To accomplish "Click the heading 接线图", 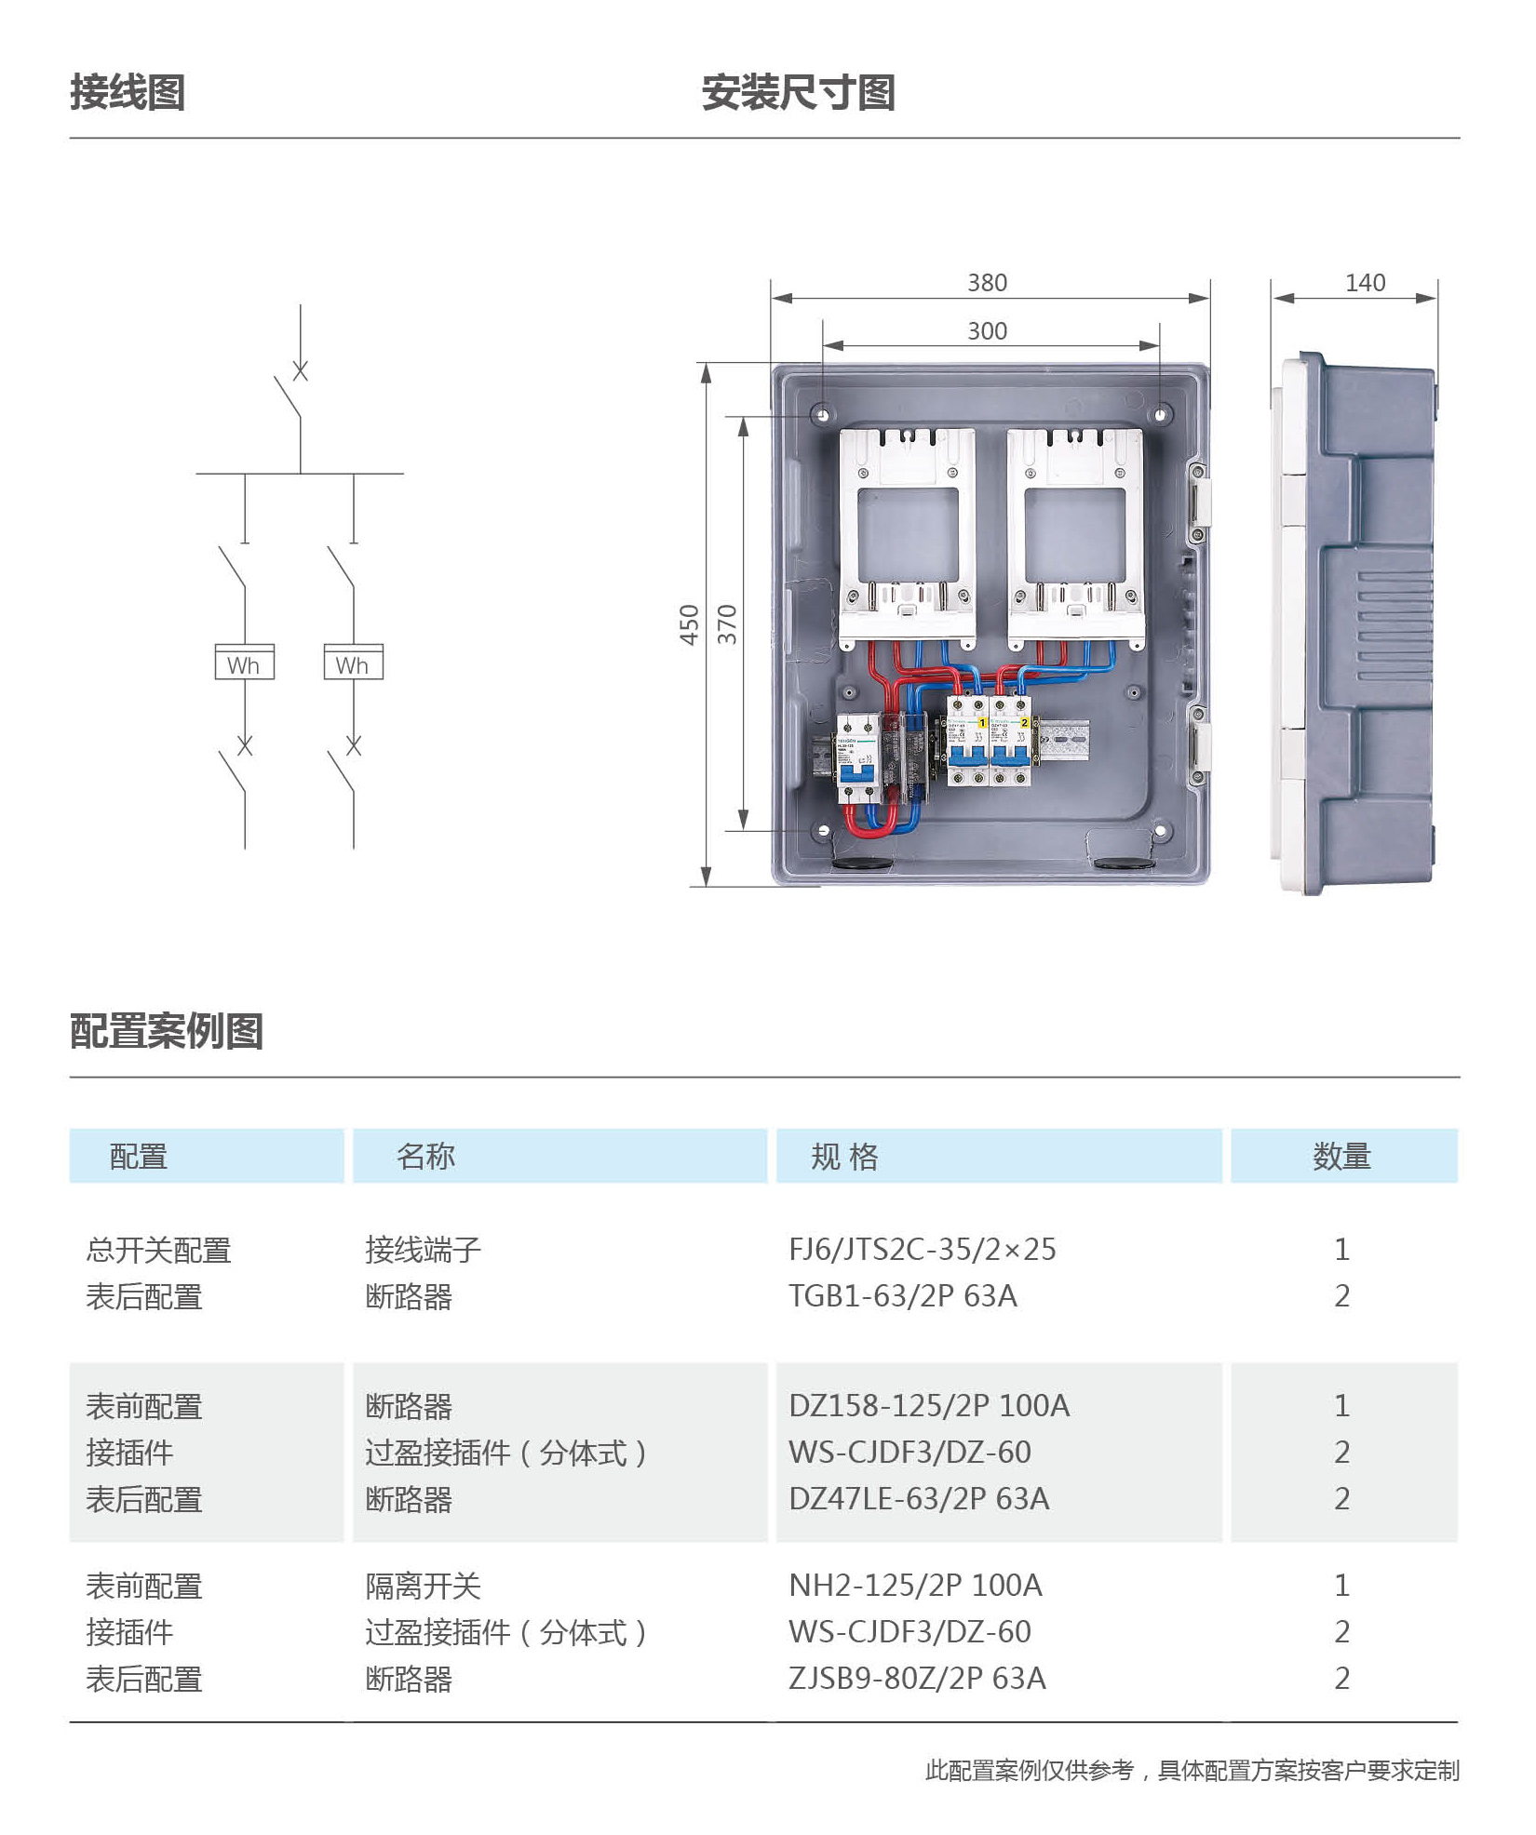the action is pos(128,93).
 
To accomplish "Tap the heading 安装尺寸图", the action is pos(799,93).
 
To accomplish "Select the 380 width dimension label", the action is pos(988,283).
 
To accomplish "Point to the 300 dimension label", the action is pos(988,331).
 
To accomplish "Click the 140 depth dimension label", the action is pos(1366,283).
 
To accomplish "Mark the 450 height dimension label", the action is pos(689,625).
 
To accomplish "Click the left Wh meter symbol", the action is pos(245,662).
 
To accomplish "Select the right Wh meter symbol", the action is pos(354,662).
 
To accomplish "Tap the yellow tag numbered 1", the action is pos(981,723).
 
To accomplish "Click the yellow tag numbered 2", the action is pos(1024,723).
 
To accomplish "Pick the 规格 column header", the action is pos(845,1157).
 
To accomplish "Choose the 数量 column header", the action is pos(1342,1157).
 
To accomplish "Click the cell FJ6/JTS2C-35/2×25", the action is pos(923,1250).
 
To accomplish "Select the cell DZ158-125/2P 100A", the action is pos(929,1406).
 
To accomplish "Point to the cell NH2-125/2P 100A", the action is pos(915,1586).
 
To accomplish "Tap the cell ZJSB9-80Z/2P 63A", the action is pos(917,1679).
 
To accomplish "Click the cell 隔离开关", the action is pos(423,1587).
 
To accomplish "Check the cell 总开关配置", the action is pos(158,1251).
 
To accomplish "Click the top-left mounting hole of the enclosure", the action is pos(822,414).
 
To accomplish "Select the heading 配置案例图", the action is pos(167,1032).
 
